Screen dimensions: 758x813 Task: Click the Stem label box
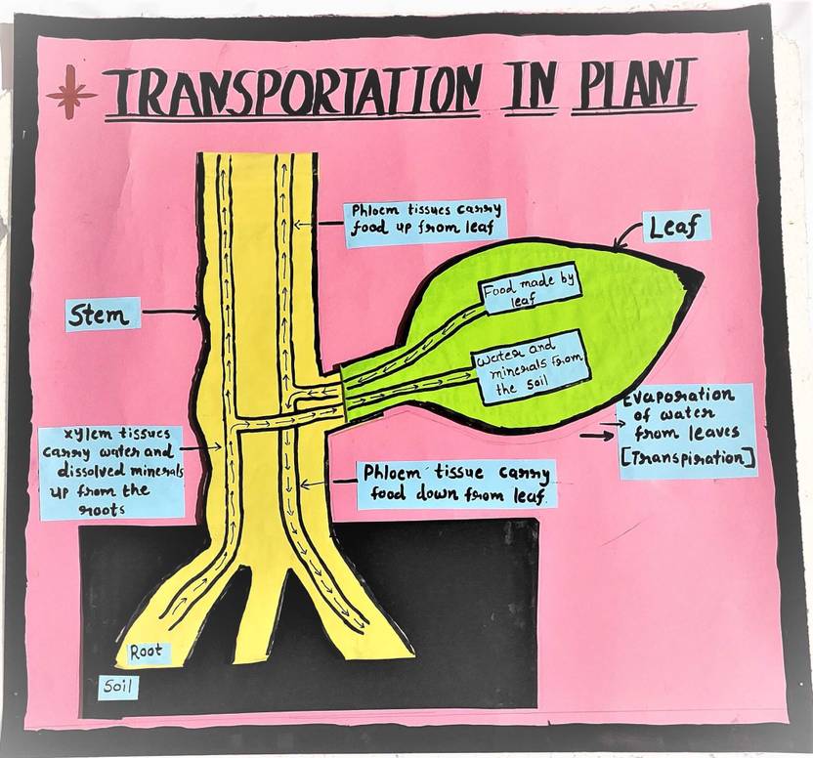(103, 315)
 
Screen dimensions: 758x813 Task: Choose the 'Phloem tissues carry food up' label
(424, 221)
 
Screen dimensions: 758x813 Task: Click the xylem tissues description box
(110, 470)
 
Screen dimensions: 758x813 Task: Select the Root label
(146, 652)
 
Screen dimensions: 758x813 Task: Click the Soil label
(117, 689)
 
